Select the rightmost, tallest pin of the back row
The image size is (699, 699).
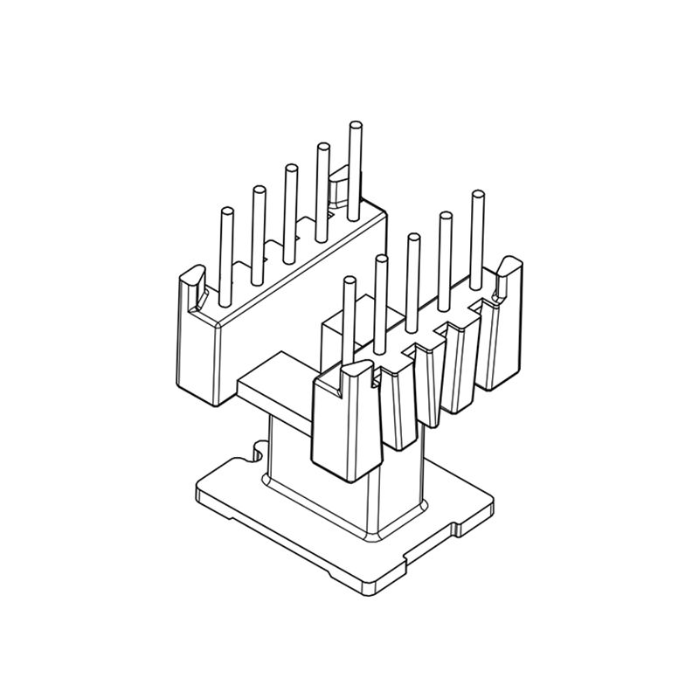tap(354, 166)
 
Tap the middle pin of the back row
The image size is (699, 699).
tap(289, 205)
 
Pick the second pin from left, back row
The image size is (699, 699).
tap(258, 232)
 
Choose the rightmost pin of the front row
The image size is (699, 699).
tap(477, 236)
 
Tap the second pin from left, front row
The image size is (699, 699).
tap(380, 297)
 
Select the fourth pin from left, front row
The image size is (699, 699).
tap(446, 258)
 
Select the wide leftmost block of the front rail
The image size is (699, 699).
tap(345, 428)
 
